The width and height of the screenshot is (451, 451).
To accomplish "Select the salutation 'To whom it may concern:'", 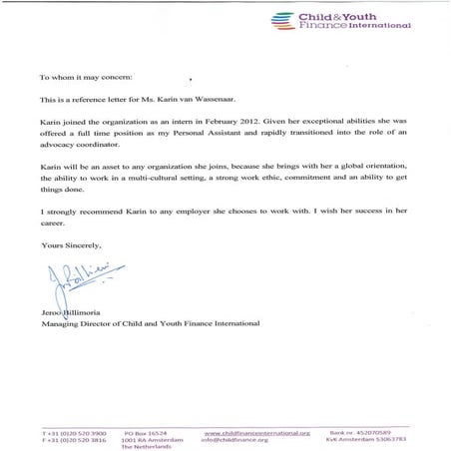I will point(84,76).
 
